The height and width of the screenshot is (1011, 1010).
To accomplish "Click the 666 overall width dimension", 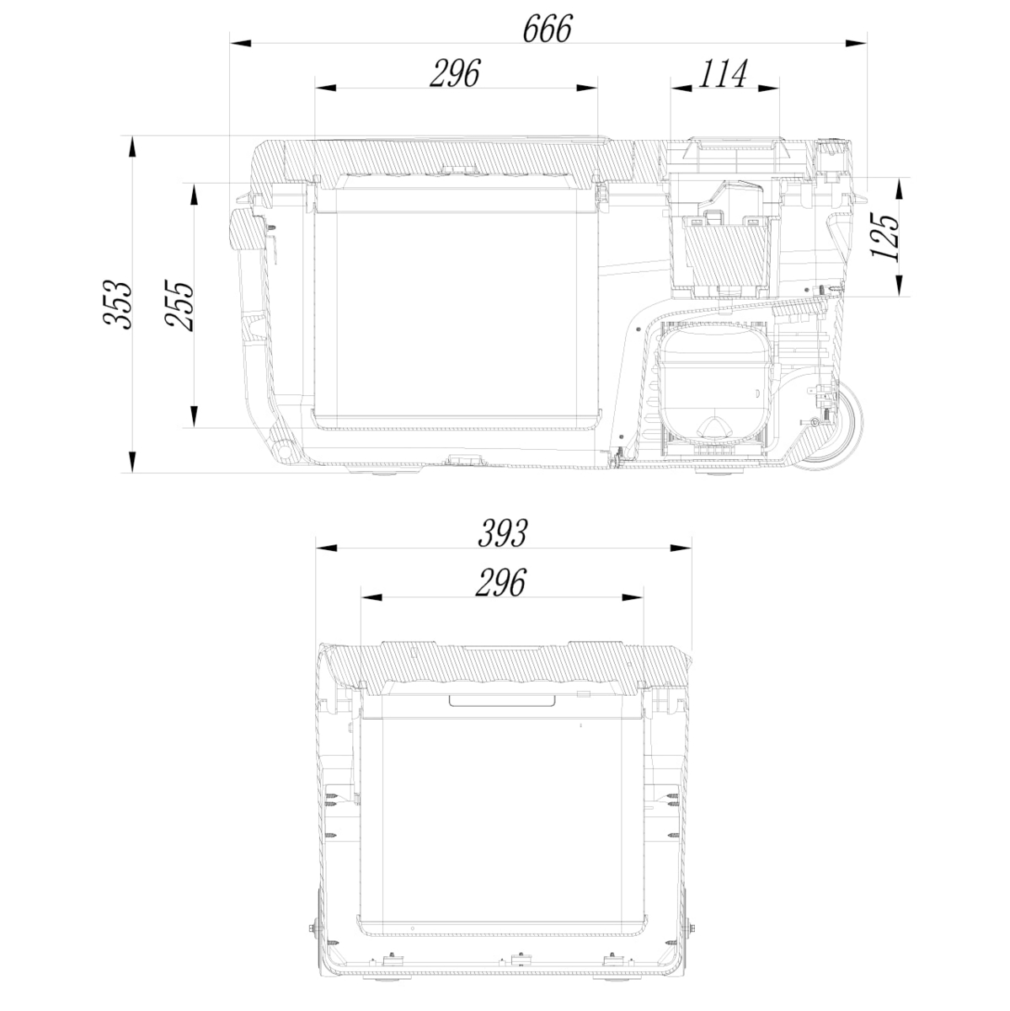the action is (x=547, y=29).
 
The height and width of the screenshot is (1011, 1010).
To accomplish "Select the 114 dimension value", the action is (x=723, y=73).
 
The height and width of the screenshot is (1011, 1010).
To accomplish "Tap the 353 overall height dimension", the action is (x=116, y=305).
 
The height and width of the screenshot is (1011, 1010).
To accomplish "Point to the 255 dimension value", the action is (x=179, y=305).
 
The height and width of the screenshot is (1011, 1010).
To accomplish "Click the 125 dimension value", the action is (x=885, y=237).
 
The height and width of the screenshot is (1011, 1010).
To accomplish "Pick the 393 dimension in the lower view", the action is (x=502, y=533).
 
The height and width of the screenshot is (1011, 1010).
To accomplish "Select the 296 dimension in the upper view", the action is (x=455, y=73).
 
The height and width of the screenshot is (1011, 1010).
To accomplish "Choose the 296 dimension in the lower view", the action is (x=500, y=583).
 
